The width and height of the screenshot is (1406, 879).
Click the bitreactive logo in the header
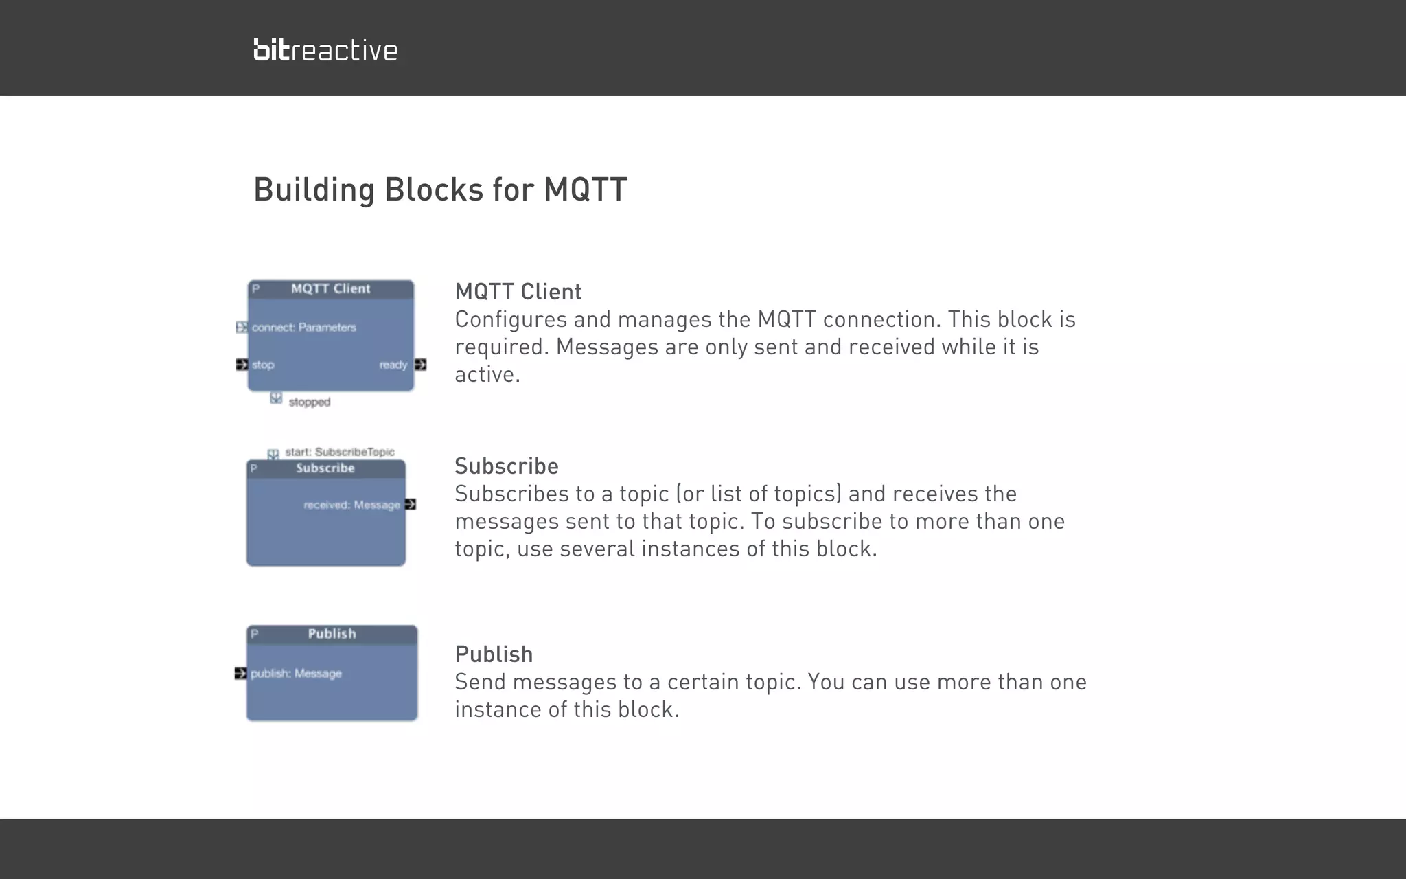pyautogui.click(x=325, y=50)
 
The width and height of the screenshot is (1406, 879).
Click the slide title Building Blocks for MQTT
pyautogui.click(x=440, y=190)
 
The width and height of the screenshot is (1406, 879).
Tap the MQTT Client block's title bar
pyautogui.click(x=331, y=289)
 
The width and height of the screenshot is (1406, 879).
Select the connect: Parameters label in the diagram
pyautogui.click(x=304, y=328)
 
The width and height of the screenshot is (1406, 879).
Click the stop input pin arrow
pyautogui.click(x=242, y=365)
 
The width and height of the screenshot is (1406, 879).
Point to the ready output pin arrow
pyautogui.click(x=420, y=365)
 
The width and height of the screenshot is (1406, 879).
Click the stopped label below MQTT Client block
pyautogui.click(x=310, y=402)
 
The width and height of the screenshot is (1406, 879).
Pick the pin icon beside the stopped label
pyautogui.click(x=276, y=398)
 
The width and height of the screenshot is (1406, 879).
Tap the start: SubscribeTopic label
pyautogui.click(x=340, y=452)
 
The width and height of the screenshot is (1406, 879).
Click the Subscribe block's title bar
pyautogui.click(x=325, y=468)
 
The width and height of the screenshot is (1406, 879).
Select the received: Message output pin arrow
pyautogui.click(x=411, y=505)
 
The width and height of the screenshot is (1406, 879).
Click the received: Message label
pyautogui.click(x=351, y=505)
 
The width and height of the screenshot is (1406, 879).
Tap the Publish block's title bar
pyautogui.click(x=332, y=634)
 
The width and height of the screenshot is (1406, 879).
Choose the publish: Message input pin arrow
pyautogui.click(x=240, y=674)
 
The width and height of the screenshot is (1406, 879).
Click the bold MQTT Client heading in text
pyautogui.click(x=518, y=292)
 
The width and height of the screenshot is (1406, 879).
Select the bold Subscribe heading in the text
pyautogui.click(x=507, y=466)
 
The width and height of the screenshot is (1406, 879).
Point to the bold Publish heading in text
pyautogui.click(x=494, y=654)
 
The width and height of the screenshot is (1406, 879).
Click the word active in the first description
pyautogui.click(x=487, y=375)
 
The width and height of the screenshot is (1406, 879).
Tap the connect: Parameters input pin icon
pyautogui.click(x=242, y=328)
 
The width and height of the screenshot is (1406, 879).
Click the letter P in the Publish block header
pyautogui.click(x=255, y=634)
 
